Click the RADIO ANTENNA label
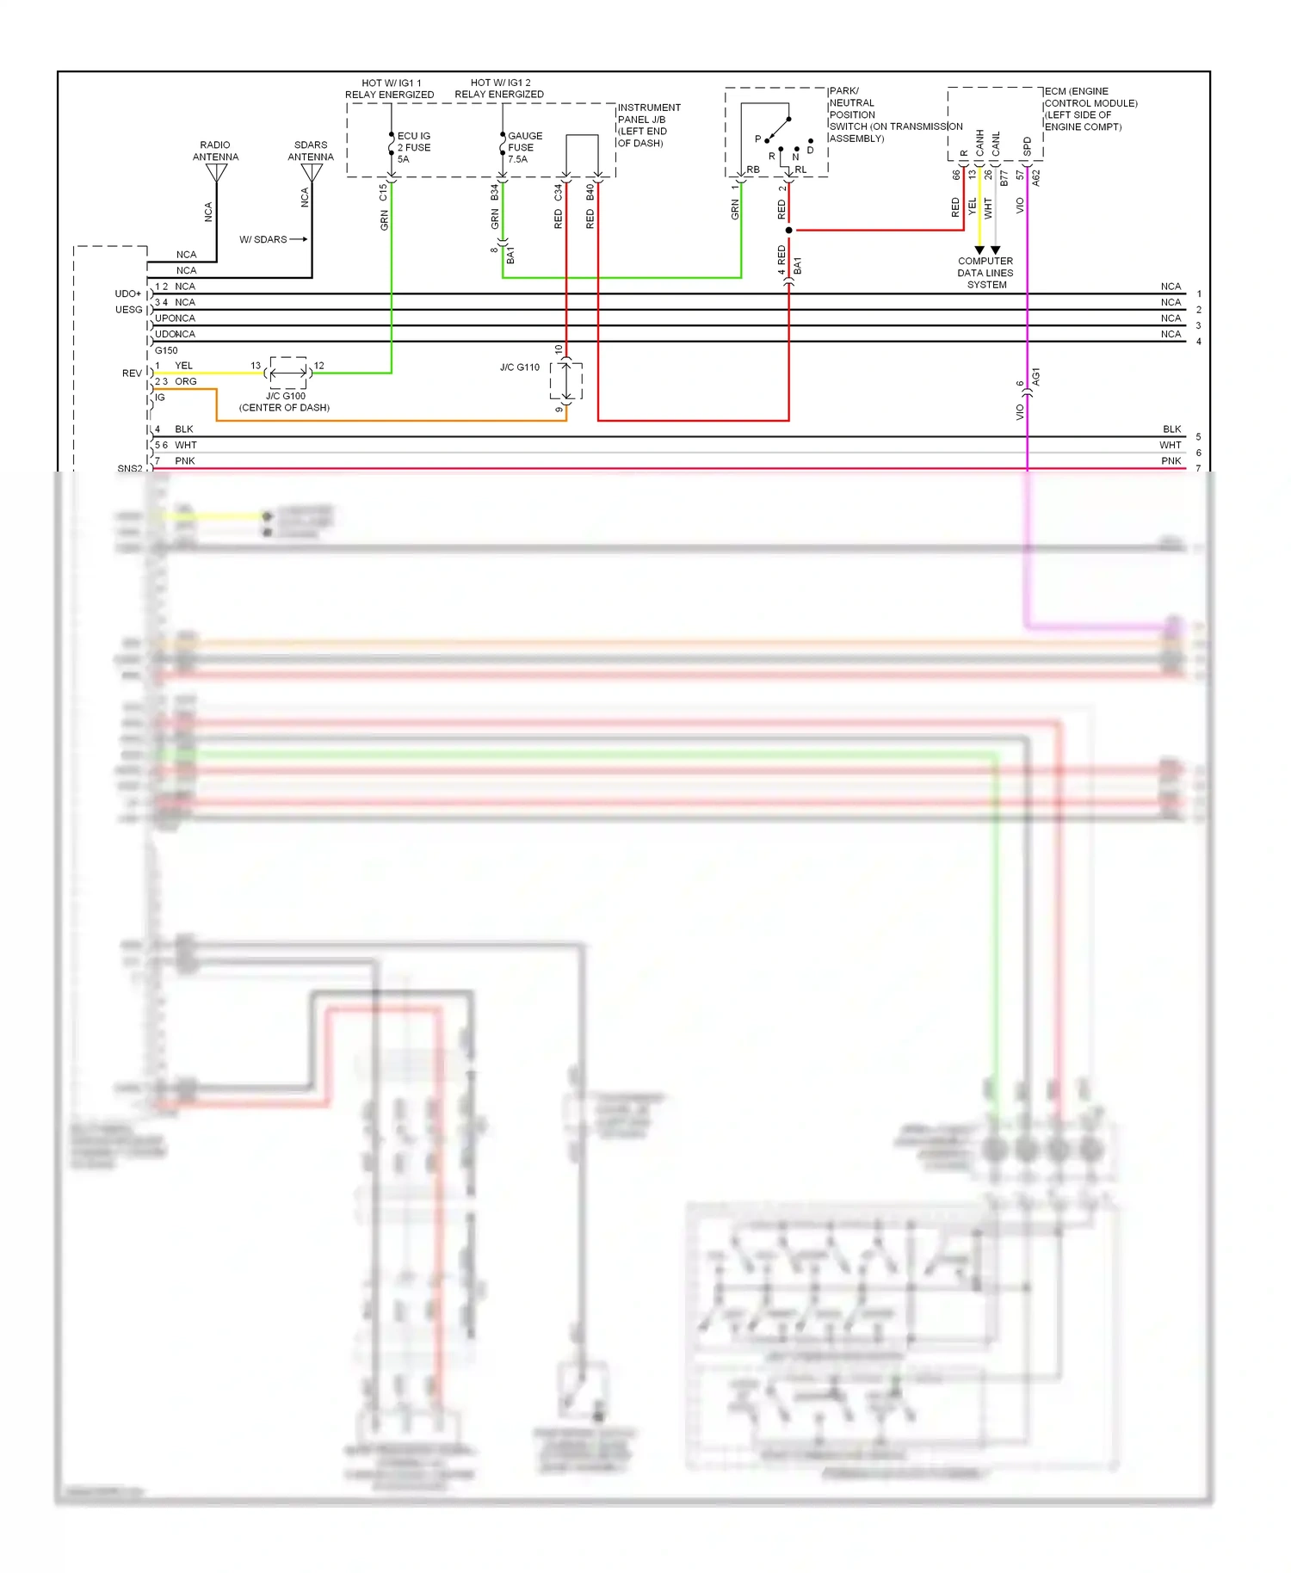point(215,151)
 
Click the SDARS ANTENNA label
point(311,151)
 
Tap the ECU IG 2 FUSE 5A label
point(414,147)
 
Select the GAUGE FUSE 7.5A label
point(524,147)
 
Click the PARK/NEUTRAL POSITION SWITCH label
point(861,114)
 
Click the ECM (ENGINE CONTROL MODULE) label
point(1089,108)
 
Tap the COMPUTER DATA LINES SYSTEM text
point(985,273)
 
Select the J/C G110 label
point(519,367)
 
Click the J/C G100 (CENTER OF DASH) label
point(285,402)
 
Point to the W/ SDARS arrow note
point(271,239)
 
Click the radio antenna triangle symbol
point(216,173)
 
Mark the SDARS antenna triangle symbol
point(312,173)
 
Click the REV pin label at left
point(131,373)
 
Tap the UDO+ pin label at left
point(127,293)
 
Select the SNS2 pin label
point(129,468)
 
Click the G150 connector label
point(166,350)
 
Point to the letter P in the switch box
point(757,139)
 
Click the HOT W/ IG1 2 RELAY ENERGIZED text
point(499,89)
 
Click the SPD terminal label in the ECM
point(1028,146)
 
